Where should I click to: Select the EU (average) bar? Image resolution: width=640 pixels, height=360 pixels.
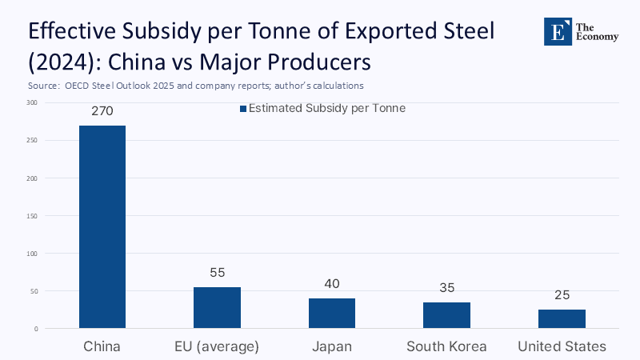point(217,307)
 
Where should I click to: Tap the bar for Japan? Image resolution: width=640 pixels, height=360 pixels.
point(332,313)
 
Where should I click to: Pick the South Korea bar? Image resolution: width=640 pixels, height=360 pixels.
point(446,315)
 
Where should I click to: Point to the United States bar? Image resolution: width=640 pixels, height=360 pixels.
point(562,318)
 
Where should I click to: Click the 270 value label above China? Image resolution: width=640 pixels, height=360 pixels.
point(102,111)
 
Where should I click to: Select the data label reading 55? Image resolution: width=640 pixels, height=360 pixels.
point(217,273)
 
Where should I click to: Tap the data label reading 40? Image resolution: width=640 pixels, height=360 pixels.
point(332,284)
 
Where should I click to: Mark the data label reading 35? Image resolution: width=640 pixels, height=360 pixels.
point(446,288)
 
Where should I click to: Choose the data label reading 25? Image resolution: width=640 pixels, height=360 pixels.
point(562,295)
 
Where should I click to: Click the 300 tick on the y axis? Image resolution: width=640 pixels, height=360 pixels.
point(31,102)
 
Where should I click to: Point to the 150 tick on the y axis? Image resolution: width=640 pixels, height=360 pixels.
point(31,215)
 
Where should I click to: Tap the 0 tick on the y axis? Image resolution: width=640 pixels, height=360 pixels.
point(35,329)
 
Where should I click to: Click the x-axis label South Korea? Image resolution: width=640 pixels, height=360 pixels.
point(446,346)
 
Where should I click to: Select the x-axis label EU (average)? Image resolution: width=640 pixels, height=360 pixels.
point(217,346)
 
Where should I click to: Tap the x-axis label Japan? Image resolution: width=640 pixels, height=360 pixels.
point(332,346)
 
